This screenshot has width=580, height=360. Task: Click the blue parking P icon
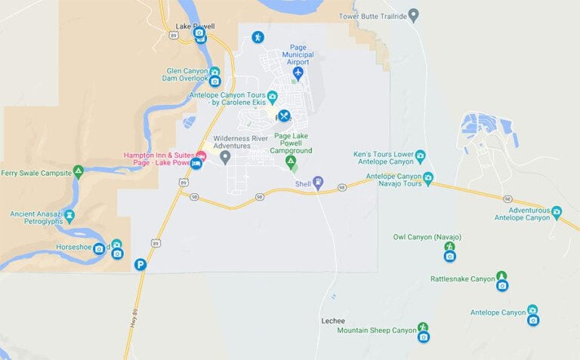(x=140, y=264)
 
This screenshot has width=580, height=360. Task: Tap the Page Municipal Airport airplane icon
(x=298, y=73)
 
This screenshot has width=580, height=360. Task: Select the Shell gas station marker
(x=318, y=182)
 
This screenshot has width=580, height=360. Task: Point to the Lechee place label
(x=333, y=321)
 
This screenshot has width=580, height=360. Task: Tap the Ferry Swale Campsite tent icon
(x=78, y=173)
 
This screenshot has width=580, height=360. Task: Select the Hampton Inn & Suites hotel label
(x=158, y=158)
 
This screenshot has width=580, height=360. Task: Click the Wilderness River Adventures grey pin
(x=225, y=156)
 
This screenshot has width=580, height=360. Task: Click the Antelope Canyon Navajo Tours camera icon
(x=428, y=178)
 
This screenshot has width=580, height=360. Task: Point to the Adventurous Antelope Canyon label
(x=529, y=214)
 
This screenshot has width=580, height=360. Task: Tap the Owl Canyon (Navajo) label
(x=427, y=237)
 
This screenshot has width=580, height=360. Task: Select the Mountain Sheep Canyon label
(x=377, y=331)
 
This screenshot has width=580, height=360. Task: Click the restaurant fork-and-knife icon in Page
(x=284, y=115)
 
